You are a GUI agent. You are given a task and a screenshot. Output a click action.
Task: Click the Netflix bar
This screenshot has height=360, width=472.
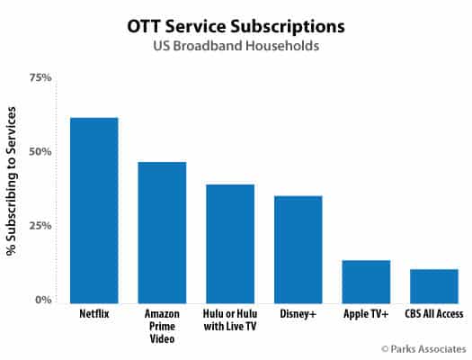point(94,209)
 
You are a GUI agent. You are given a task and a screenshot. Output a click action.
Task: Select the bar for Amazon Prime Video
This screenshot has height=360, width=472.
point(162,231)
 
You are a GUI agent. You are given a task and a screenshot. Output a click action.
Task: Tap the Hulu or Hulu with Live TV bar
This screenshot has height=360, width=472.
point(230,242)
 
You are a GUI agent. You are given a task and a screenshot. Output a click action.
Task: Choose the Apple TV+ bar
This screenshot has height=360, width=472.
point(366,280)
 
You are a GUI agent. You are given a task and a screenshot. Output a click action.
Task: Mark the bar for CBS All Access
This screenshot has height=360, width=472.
point(434,284)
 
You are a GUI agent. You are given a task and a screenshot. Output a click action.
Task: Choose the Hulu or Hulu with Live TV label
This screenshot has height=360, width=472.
point(230,322)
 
